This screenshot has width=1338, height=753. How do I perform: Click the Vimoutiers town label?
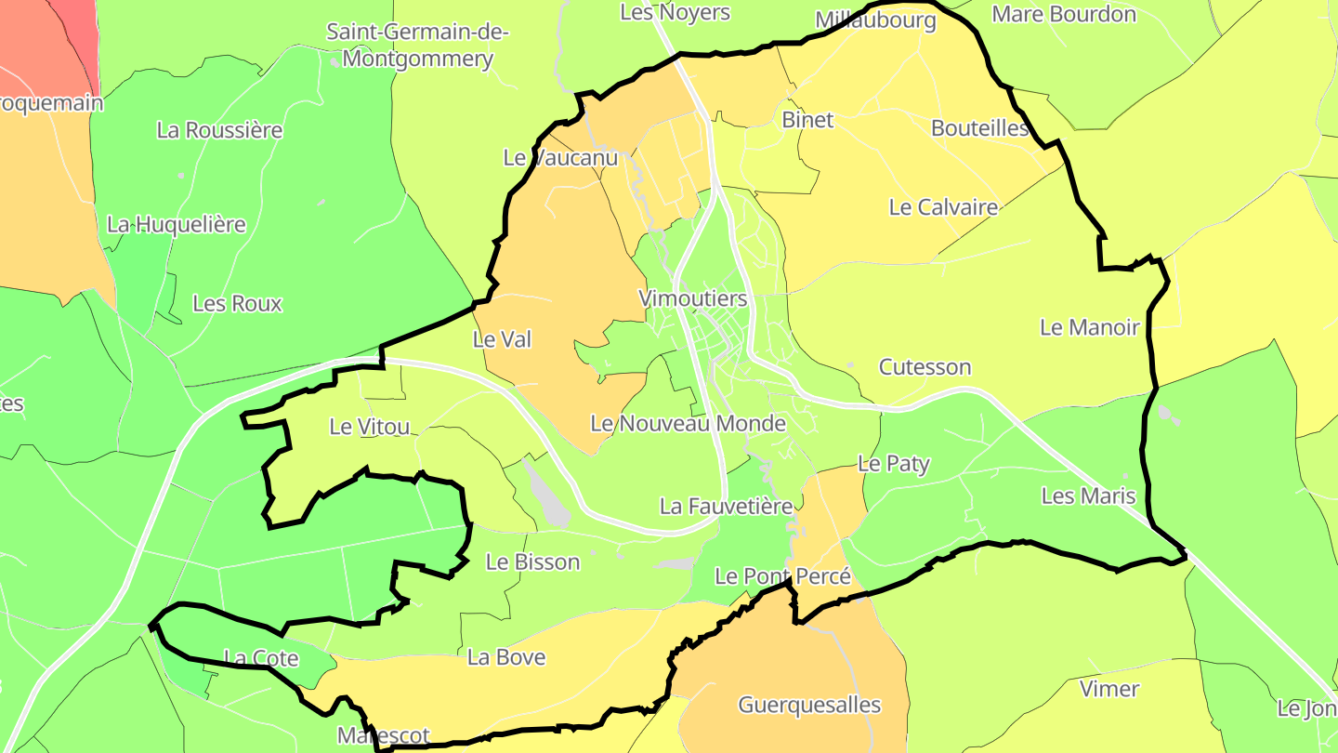[x=693, y=298]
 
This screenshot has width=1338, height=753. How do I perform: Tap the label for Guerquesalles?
[x=809, y=705]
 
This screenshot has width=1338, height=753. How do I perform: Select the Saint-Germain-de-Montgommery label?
[x=417, y=46]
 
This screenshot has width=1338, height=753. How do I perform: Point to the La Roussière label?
[x=219, y=130]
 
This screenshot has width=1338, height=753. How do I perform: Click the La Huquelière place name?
[x=177, y=224]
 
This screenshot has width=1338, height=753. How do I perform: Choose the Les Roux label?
[x=237, y=304]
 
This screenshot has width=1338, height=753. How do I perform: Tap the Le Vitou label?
[x=370, y=427]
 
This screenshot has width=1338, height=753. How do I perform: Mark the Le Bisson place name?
[x=532, y=561]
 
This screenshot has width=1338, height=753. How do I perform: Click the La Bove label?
[x=506, y=657]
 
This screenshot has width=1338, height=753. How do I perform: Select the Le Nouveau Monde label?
[x=689, y=424]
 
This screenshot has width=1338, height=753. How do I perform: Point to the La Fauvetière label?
[x=726, y=507]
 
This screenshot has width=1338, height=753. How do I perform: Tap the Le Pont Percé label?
[x=782, y=576]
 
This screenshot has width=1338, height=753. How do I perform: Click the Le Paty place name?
[x=893, y=463]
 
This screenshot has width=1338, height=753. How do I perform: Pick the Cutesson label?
[x=925, y=367]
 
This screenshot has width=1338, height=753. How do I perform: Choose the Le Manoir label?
[x=1089, y=327]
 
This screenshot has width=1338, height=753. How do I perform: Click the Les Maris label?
[x=1088, y=495]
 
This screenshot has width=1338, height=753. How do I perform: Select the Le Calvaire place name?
[x=943, y=207]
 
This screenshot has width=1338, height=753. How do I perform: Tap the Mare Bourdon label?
[x=1064, y=15]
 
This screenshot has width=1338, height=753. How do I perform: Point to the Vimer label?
[x=1109, y=689]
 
